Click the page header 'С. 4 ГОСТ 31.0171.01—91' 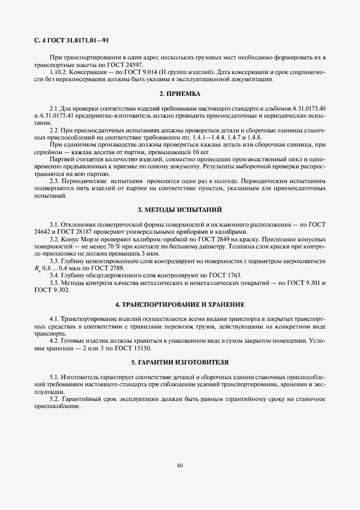point(72,40)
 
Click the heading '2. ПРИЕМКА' point(180,94)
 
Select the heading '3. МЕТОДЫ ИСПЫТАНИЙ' point(180,210)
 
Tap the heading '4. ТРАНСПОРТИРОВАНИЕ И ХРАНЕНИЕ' point(180,303)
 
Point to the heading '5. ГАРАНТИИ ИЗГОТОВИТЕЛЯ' point(180,362)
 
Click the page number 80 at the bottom point(180,465)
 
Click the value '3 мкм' point(135,254)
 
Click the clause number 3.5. point(54,283)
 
